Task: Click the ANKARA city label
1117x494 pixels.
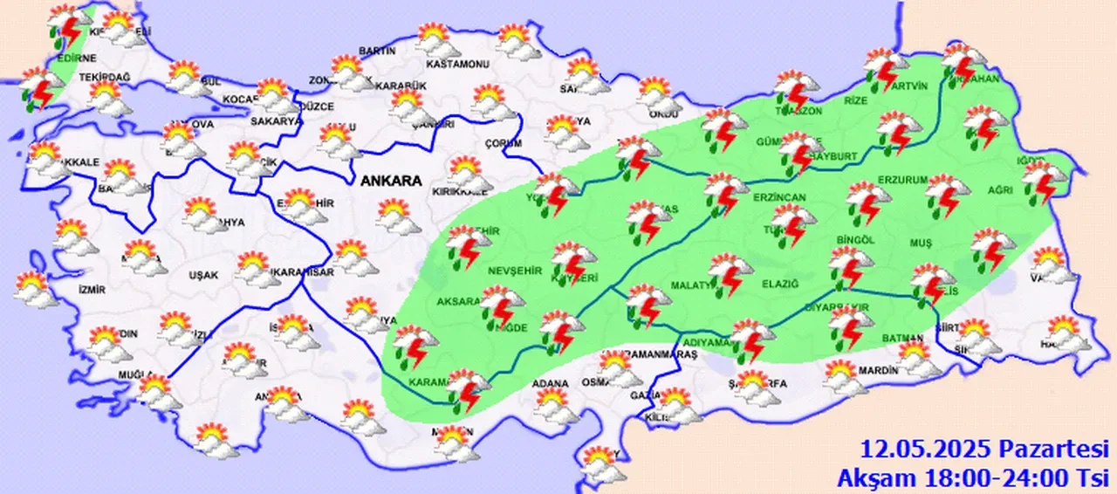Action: point(391,181)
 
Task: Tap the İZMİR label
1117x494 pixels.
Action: point(92,290)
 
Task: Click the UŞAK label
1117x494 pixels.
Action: point(202,274)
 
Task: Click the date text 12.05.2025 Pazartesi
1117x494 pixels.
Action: point(984,450)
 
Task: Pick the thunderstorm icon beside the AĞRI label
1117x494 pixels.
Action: point(1042,182)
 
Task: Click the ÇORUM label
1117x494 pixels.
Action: point(504,143)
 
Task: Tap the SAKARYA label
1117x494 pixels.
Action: point(276,121)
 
